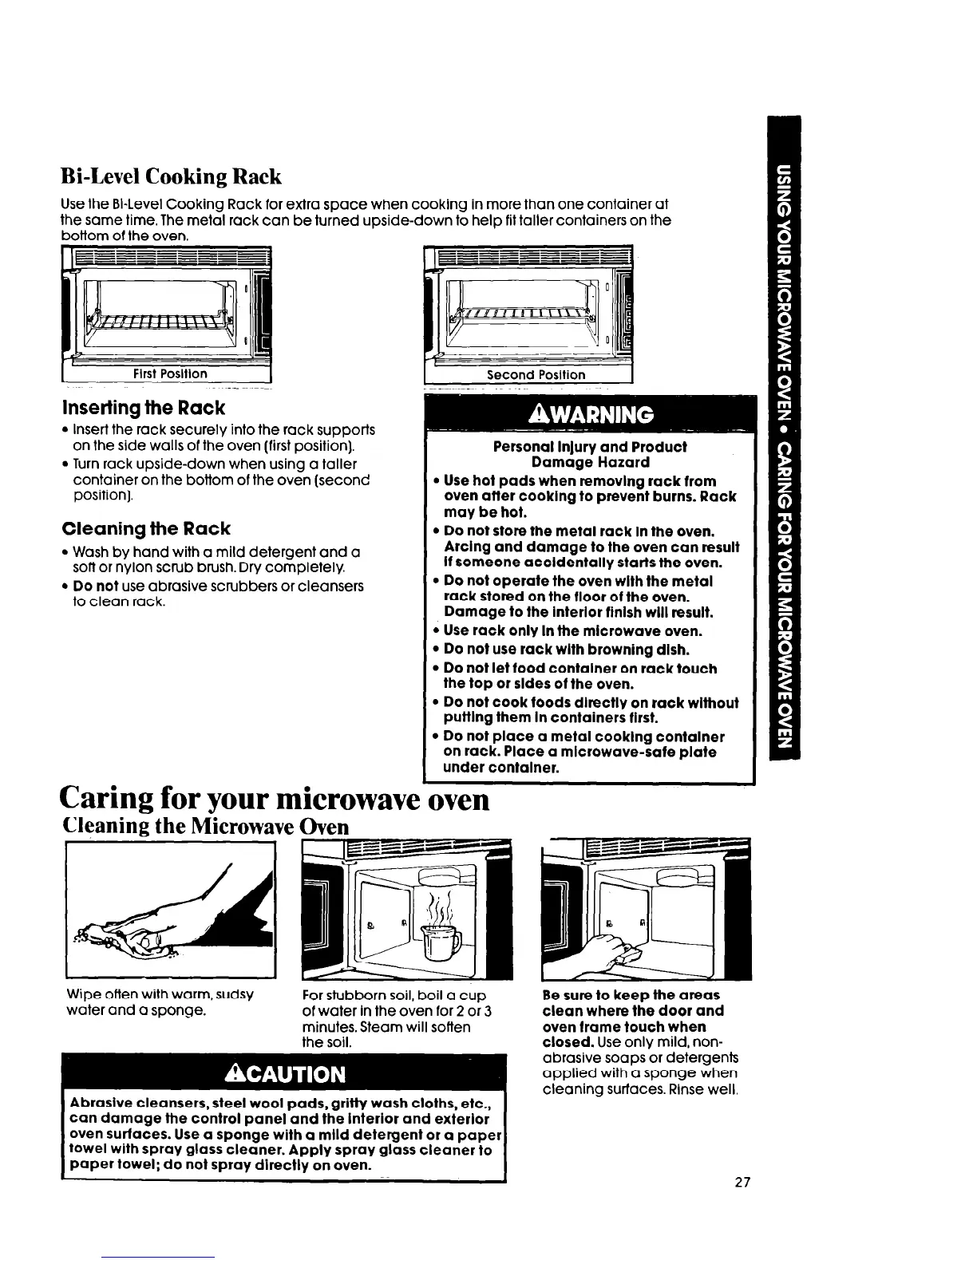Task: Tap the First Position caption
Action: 170,373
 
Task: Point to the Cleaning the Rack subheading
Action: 146,528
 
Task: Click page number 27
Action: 743,1181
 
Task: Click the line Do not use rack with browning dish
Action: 566,650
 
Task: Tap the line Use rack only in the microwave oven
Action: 573,631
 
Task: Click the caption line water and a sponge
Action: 133,1011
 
